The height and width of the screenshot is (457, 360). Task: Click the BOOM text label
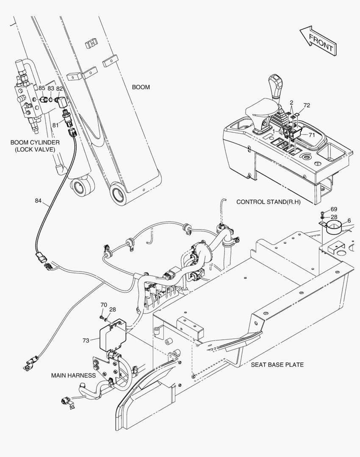(141, 87)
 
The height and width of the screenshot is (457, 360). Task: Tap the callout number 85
(42, 88)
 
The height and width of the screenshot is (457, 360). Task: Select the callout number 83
(50, 88)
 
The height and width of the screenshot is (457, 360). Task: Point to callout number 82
(59, 88)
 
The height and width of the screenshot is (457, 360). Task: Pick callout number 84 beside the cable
(39, 201)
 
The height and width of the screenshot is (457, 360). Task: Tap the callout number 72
(307, 105)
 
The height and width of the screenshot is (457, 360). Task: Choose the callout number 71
(311, 135)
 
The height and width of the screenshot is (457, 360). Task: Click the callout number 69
(334, 209)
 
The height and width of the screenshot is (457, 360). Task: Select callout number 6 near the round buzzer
(349, 220)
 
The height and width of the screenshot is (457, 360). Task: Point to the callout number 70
(103, 305)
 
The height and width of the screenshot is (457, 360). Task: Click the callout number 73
(86, 340)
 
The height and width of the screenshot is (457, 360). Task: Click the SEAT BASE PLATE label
(277, 364)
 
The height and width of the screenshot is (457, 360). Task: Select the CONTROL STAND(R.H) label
(268, 202)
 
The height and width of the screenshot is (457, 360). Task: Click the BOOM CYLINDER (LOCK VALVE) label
(35, 146)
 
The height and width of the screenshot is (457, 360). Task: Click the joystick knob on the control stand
(275, 82)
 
